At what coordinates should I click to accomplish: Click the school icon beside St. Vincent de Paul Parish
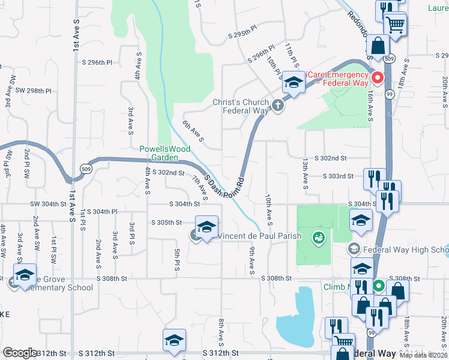pyautogui.click(x=206, y=227)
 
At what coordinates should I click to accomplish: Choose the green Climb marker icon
pyautogui.click(x=378, y=286)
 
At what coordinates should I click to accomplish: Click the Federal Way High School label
pyautogui.click(x=405, y=249)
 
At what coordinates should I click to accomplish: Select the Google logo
pyautogui.click(x=20, y=353)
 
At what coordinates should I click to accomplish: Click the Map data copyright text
pyautogui.click(x=423, y=355)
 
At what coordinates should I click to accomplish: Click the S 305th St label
pyautogui.click(x=166, y=223)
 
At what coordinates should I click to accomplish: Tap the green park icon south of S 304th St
pyautogui.click(x=318, y=239)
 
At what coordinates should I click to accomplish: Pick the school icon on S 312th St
pyautogui.click(x=173, y=340)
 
